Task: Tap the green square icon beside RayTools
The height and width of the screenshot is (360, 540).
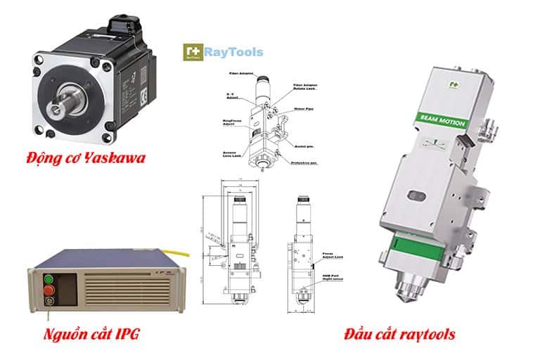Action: (191, 52)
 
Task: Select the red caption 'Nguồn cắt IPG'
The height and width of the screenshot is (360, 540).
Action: (92, 333)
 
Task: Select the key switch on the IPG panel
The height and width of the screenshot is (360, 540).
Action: (49, 303)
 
